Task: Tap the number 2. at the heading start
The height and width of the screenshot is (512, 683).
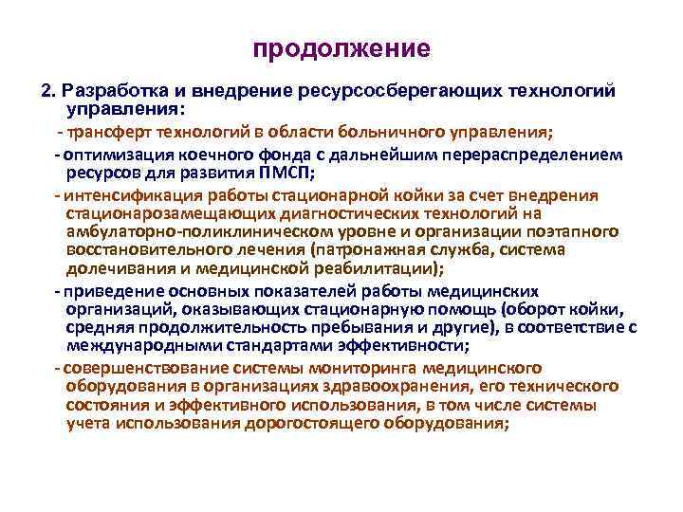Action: (49, 90)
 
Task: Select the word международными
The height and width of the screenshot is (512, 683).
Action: (137, 346)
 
